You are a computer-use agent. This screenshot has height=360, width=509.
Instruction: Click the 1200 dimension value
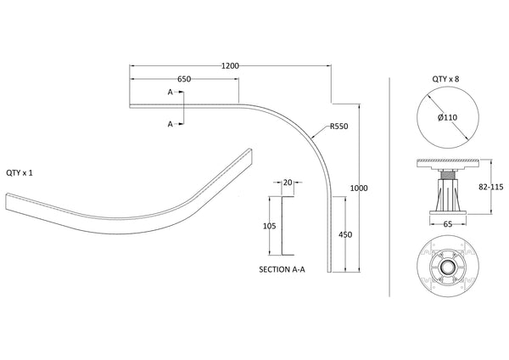[x=228, y=65]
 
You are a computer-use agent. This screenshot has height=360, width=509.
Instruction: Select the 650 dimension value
[x=184, y=79]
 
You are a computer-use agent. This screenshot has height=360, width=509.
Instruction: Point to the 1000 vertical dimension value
[x=358, y=188]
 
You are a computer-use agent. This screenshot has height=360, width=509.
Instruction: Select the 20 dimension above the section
[x=288, y=183]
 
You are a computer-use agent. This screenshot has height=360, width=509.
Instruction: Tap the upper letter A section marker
[x=171, y=91]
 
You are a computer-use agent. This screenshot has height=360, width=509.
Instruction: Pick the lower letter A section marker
[x=171, y=124]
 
